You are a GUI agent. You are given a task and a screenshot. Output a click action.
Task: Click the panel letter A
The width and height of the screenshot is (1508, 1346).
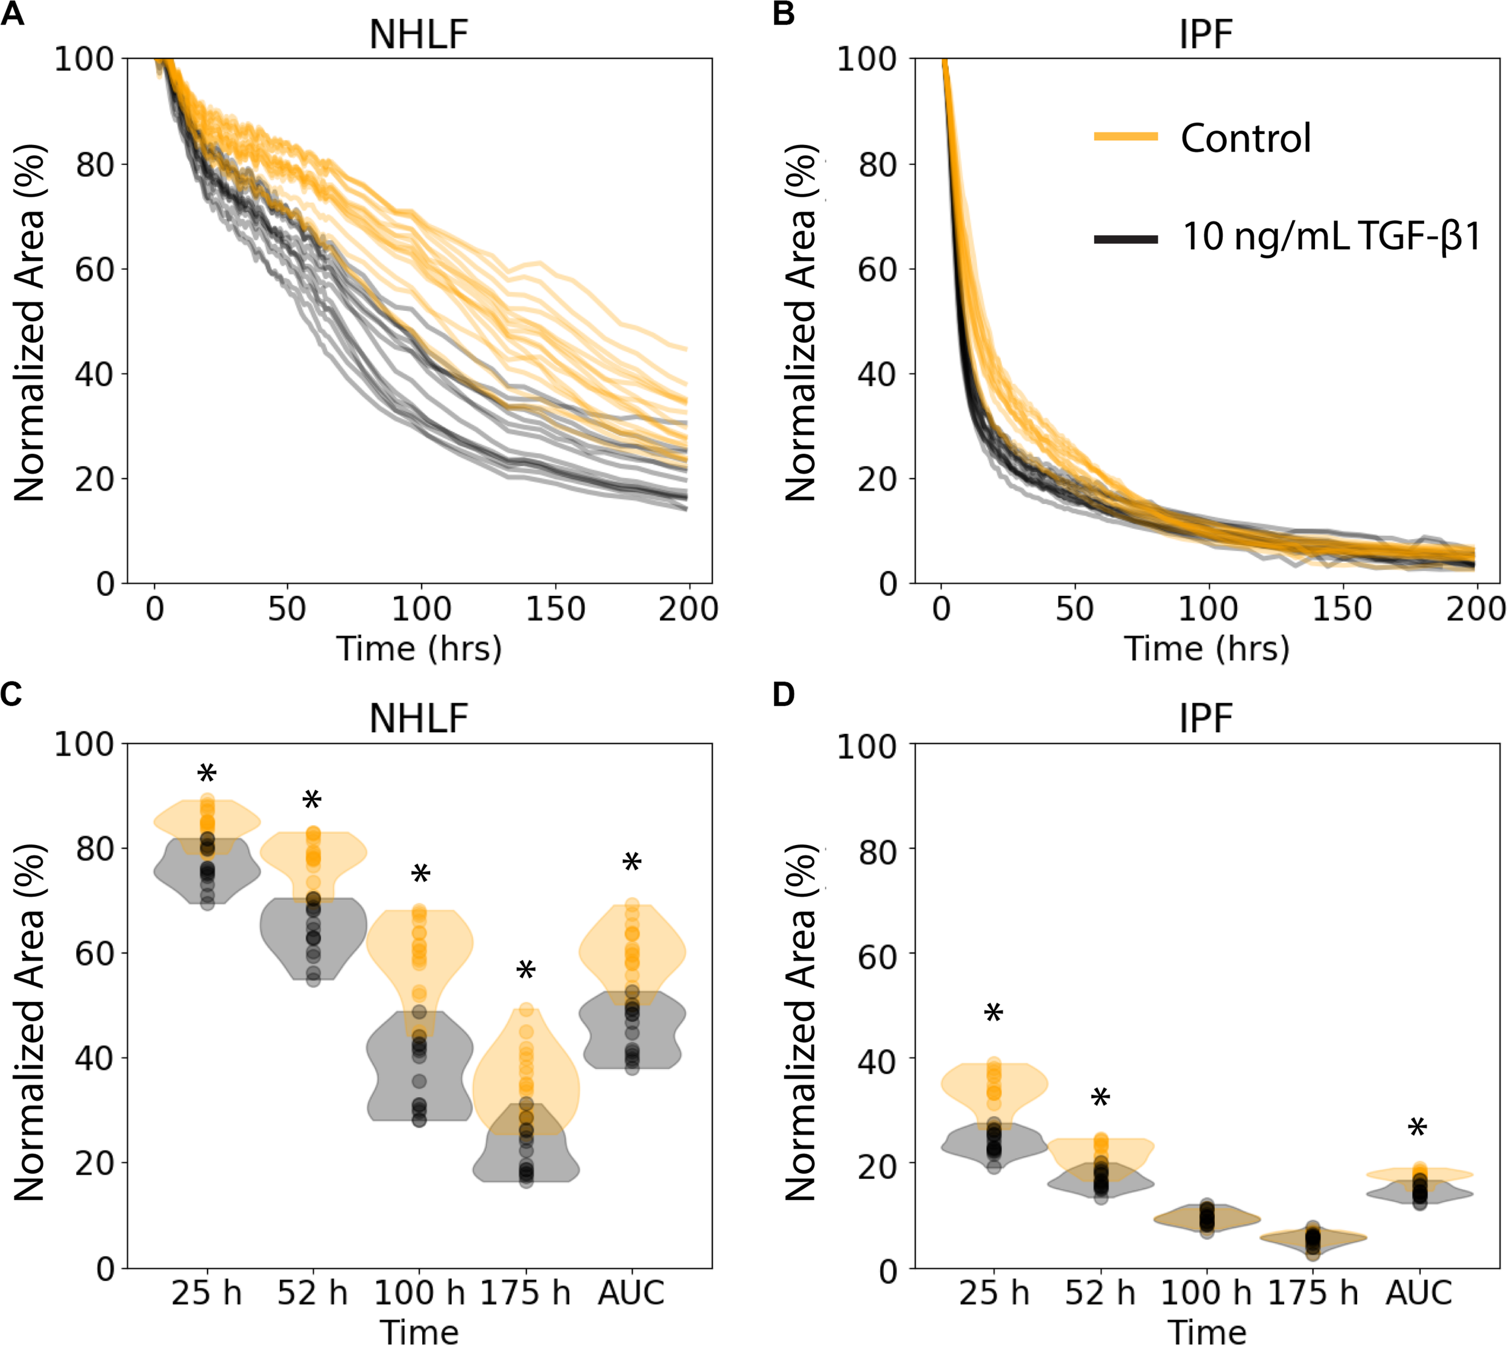(x=13, y=14)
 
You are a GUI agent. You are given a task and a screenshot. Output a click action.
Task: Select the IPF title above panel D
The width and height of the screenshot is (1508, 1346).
(x=1206, y=718)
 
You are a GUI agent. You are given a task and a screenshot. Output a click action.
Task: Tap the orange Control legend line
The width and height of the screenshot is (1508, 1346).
(x=1125, y=136)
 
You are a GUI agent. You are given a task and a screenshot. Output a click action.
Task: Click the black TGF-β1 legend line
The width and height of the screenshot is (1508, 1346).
(x=1125, y=238)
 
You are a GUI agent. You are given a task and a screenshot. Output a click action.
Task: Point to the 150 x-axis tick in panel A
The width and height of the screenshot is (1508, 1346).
(x=554, y=608)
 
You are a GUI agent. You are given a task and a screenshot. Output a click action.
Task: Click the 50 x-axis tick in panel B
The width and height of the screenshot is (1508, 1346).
(x=1074, y=608)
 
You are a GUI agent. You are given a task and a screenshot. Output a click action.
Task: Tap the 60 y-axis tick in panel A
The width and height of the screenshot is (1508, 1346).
(x=95, y=269)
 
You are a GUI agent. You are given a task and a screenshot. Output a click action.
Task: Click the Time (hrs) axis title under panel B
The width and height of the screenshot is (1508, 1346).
(x=1206, y=649)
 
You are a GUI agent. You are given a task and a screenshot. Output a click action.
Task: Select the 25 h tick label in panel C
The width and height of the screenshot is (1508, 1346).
(x=206, y=1293)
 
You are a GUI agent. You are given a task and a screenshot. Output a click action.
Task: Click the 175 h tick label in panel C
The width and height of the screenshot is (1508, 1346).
(x=525, y=1293)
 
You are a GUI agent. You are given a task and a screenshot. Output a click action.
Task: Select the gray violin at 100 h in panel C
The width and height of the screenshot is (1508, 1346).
(x=419, y=1073)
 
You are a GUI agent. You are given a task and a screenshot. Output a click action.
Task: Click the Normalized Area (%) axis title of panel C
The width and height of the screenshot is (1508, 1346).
(x=30, y=1021)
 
